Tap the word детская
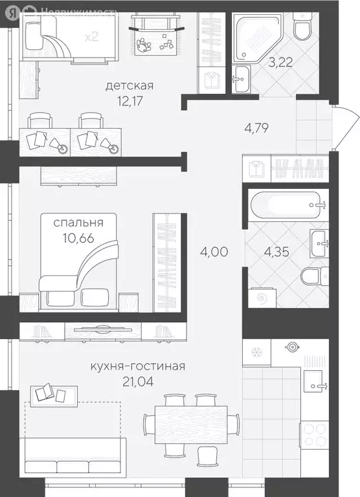click(129, 85)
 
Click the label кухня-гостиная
click(137, 366)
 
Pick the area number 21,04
click(137, 381)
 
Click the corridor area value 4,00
click(214, 252)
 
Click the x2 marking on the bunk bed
click(91, 36)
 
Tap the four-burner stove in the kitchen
click(315, 433)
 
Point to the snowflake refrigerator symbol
click(256, 353)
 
